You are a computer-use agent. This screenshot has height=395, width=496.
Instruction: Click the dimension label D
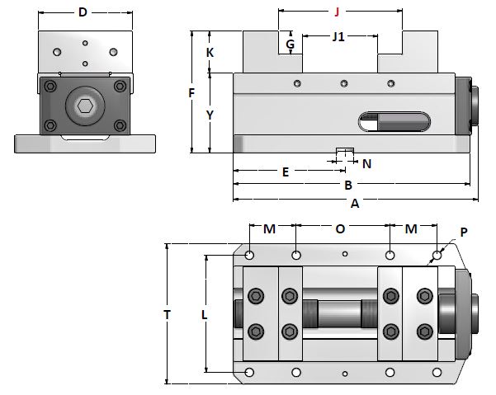point(82,12)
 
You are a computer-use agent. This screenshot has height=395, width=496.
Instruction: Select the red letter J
point(337,12)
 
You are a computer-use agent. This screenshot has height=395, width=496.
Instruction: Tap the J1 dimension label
point(338,37)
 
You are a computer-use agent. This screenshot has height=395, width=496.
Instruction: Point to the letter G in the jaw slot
point(290,44)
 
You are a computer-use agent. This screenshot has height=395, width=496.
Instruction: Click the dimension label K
point(210,52)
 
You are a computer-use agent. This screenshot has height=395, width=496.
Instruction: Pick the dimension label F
point(191,93)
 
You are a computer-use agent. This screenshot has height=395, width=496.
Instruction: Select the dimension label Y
point(210,115)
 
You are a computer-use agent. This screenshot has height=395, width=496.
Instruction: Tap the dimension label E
point(286,172)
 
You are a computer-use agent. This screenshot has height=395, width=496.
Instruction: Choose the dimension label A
point(355,202)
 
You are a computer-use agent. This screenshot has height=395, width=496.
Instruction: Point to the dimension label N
point(366,163)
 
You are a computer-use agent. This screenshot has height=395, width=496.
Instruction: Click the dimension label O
point(340,228)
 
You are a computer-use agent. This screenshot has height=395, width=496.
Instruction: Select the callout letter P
point(464,232)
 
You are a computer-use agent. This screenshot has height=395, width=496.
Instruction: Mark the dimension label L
point(204,314)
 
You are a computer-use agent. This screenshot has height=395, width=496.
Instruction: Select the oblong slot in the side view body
point(394,123)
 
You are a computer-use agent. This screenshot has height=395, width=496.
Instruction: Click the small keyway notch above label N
point(344,153)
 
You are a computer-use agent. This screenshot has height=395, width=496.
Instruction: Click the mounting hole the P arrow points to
point(437,254)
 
